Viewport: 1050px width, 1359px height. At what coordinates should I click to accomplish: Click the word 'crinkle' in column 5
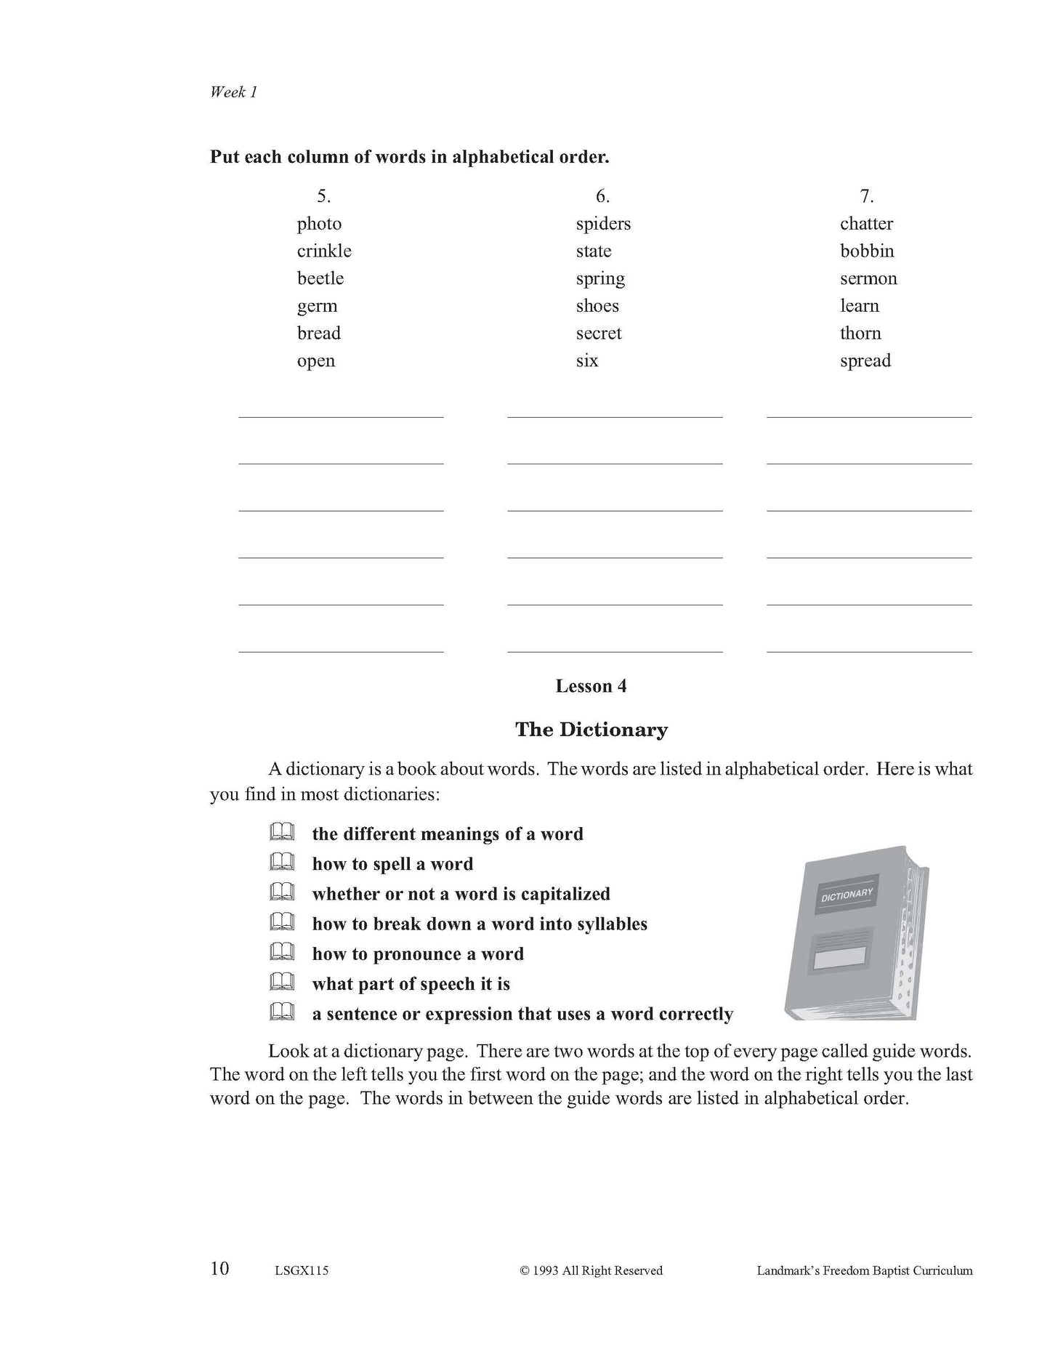coord(324,251)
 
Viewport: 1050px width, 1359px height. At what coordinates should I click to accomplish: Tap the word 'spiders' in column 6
coord(603,224)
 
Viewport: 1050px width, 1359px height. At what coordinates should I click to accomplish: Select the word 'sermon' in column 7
coord(868,278)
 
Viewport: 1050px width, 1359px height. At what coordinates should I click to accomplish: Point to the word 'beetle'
coord(320,278)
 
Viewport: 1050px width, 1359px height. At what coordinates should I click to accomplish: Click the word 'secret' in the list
coord(599,334)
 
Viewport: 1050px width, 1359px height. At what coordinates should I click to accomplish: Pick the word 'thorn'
coord(860,334)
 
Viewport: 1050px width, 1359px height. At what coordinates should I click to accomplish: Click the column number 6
coord(602,196)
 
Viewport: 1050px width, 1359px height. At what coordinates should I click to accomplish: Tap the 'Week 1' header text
coord(233,92)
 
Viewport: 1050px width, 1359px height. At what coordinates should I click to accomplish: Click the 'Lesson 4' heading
coord(591,686)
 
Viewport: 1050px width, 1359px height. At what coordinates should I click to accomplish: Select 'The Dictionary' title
coord(591,730)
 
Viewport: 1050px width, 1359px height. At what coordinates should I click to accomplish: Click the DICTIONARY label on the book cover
coord(847,895)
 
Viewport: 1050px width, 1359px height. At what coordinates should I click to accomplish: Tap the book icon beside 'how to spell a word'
coord(281,863)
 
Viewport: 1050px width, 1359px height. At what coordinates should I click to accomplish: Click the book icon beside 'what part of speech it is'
coord(281,983)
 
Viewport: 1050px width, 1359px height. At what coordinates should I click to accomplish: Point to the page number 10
coord(219,1269)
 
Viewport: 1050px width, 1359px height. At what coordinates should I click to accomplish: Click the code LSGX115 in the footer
coord(302,1271)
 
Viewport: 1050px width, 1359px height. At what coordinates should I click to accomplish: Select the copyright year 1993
coord(545,1271)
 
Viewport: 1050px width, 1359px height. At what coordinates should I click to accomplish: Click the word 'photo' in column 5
coord(319,224)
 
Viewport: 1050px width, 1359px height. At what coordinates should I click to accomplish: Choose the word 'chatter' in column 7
coord(866,224)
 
